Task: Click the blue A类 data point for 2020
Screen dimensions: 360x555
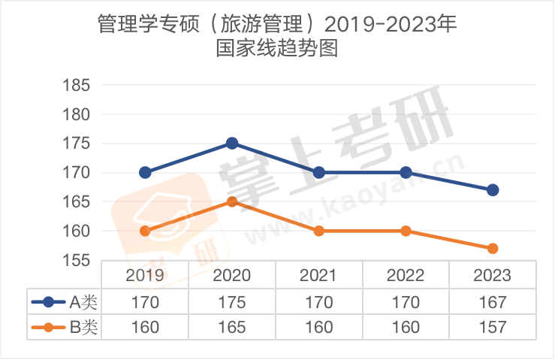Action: (232, 144)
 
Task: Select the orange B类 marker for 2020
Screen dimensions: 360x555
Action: (232, 201)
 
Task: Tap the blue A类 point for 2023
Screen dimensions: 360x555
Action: (493, 190)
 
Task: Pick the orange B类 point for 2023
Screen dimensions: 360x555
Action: (493, 248)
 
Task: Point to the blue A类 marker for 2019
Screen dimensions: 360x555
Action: (145, 172)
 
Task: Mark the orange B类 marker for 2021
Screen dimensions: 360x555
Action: (318, 231)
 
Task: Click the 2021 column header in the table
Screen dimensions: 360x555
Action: (318, 275)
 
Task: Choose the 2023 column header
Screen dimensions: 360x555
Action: (493, 275)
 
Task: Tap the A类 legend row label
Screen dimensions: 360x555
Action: (83, 303)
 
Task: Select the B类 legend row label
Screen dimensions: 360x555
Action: (83, 327)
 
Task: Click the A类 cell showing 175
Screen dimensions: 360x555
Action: (232, 303)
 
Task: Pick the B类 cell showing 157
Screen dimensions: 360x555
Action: (493, 327)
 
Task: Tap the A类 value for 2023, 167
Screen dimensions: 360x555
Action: (493, 303)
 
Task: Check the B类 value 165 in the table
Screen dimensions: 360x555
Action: (232, 327)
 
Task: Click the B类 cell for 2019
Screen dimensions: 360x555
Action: (145, 327)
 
